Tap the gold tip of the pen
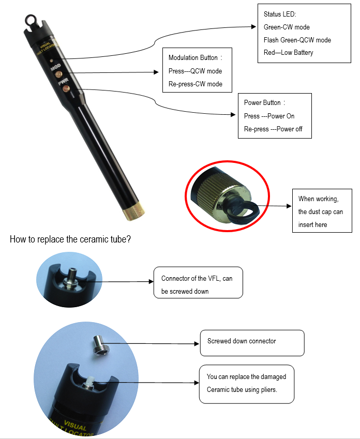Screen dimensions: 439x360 click(x=134, y=208)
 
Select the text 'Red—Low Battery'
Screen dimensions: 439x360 click(x=288, y=52)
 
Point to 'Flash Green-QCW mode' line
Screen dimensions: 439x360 click(x=297, y=40)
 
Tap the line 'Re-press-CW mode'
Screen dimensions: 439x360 click(x=195, y=84)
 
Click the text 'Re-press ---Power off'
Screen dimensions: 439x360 click(x=273, y=129)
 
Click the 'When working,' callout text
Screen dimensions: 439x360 click(x=318, y=199)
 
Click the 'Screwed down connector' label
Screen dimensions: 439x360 click(x=242, y=341)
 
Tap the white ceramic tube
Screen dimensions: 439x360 click(x=88, y=382)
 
